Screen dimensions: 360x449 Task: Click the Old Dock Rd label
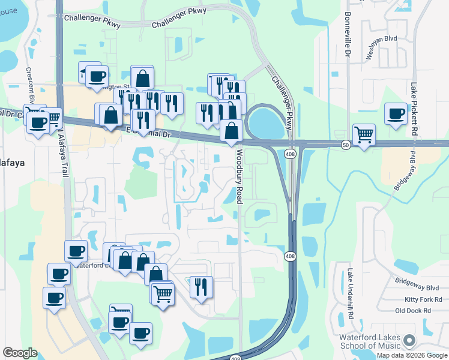click(413, 310)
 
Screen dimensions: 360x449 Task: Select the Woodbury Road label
click(238, 176)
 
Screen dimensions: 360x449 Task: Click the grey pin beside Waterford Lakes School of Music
click(409, 340)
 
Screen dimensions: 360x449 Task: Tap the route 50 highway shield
click(345, 145)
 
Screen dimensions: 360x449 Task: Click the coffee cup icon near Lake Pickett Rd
click(396, 114)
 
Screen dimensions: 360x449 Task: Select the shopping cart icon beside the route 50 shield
click(364, 134)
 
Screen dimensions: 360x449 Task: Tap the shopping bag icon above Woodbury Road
click(231, 130)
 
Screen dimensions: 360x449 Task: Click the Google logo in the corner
click(20, 353)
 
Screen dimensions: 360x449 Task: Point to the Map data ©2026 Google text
click(412, 355)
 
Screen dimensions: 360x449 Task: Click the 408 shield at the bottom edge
click(235, 358)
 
